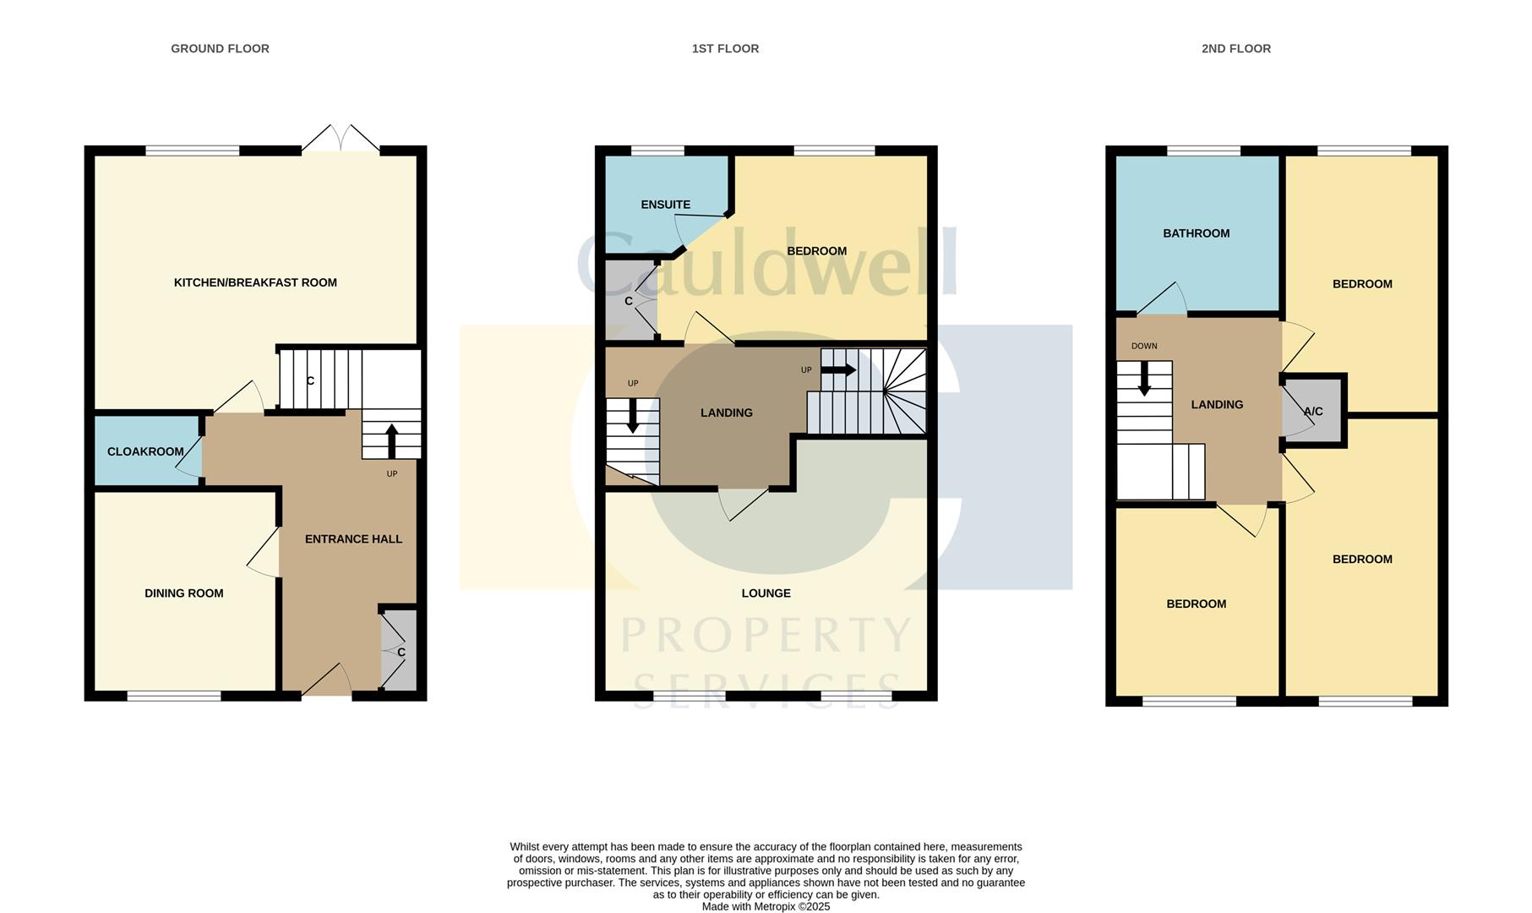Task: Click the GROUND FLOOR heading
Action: click(220, 49)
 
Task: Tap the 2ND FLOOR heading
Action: click(1235, 49)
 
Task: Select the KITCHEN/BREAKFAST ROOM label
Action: click(255, 282)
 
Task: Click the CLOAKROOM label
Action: click(145, 451)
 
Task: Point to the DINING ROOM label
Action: click(183, 593)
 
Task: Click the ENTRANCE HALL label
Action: click(353, 539)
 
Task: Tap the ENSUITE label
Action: click(665, 205)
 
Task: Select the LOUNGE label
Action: click(766, 593)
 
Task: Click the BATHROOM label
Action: click(1196, 233)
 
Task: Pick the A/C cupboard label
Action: click(1313, 412)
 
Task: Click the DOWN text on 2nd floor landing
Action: click(1144, 346)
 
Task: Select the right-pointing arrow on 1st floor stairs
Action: click(838, 370)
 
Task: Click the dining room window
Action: click(174, 697)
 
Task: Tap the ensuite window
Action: click(657, 151)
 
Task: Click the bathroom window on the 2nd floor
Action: click(1203, 151)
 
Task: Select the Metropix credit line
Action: click(766, 906)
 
